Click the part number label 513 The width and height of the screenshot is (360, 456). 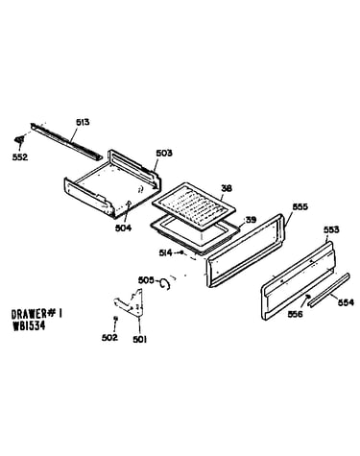point(83,122)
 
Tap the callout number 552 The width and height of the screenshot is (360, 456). point(20,157)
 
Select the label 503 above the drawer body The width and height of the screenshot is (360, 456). point(164,153)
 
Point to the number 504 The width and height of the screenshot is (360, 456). point(123,228)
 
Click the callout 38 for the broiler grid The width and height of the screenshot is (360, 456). point(227,188)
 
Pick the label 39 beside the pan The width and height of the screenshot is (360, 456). point(251,220)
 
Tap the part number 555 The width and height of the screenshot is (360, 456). point(300,206)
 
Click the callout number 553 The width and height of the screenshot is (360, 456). point(331,229)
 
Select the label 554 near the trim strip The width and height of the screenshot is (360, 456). point(346,302)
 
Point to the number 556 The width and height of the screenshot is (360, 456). point(295,314)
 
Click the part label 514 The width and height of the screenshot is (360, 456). point(166,252)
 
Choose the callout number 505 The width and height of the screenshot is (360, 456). point(146,280)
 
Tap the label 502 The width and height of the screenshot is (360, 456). point(109,337)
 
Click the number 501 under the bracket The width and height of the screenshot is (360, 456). point(140,339)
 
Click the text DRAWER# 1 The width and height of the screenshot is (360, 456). point(36,314)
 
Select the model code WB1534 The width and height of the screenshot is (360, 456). point(29,325)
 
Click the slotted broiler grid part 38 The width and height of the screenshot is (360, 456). point(194,206)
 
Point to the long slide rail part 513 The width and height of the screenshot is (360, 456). point(66,141)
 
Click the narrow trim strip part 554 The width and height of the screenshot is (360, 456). point(328,290)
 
